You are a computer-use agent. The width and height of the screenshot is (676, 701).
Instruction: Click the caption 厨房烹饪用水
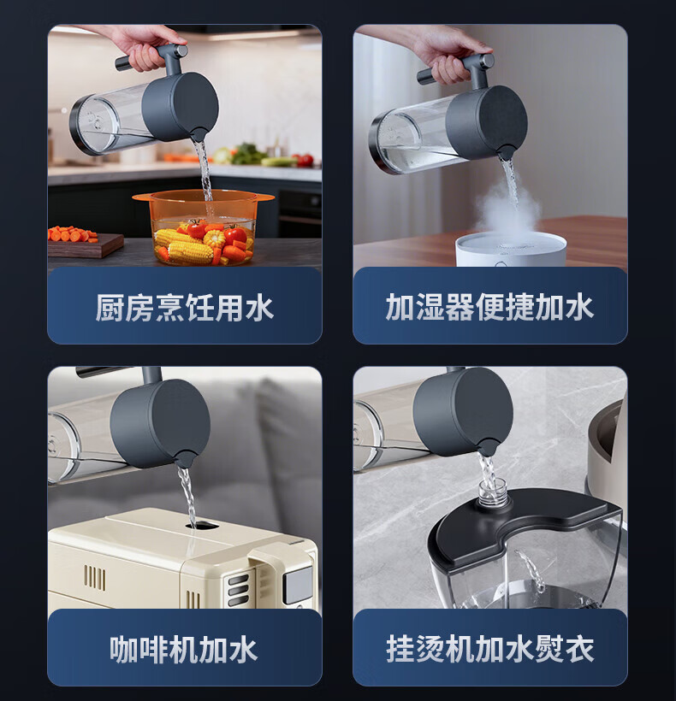point(184,308)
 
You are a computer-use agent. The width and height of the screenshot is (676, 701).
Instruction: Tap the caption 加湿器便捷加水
point(490,307)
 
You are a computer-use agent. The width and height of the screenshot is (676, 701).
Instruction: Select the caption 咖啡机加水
point(183,650)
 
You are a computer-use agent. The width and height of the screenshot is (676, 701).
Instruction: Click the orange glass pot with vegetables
point(203,227)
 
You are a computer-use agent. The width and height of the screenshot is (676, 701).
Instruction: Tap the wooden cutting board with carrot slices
point(85,245)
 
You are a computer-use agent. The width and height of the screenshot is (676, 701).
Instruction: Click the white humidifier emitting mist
point(511,250)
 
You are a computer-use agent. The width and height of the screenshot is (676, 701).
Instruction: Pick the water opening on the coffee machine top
point(202,525)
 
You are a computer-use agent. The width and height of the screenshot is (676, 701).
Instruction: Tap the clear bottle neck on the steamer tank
point(493,492)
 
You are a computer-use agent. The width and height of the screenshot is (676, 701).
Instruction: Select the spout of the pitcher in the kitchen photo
point(199,134)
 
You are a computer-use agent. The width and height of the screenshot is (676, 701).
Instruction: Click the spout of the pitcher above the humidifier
point(507,153)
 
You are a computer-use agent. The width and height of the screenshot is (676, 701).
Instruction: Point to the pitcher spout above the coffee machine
point(184,460)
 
